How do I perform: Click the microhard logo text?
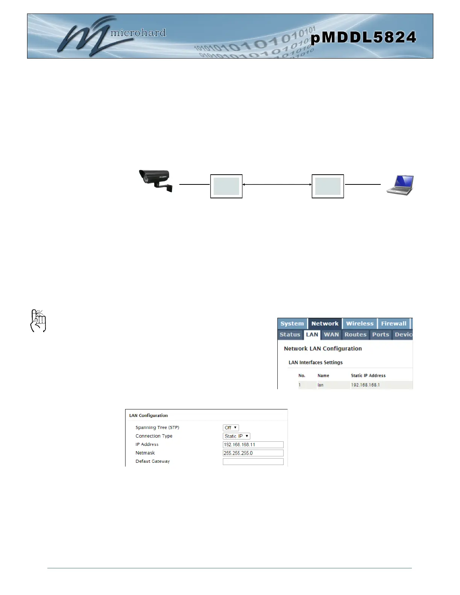click(x=138, y=33)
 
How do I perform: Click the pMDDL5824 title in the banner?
click(x=363, y=37)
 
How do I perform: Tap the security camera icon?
click(x=156, y=181)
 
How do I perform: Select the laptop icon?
click(x=401, y=185)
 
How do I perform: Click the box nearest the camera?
click(x=226, y=186)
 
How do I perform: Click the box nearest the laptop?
click(x=328, y=186)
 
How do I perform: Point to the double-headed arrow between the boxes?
click(x=277, y=184)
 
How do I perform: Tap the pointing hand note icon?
click(x=38, y=321)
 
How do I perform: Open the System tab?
click(x=292, y=323)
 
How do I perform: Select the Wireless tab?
click(x=360, y=323)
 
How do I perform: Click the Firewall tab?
click(x=393, y=323)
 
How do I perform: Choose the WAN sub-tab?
click(x=331, y=334)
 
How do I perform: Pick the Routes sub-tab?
click(x=355, y=334)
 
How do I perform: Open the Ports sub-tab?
click(x=380, y=334)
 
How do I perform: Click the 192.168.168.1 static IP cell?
click(x=365, y=385)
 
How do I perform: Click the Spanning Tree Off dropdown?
click(x=231, y=428)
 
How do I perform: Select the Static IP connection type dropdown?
click(x=236, y=436)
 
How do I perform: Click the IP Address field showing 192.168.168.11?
click(x=253, y=445)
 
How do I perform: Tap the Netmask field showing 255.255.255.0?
click(x=253, y=453)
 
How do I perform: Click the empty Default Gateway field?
click(x=253, y=462)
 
